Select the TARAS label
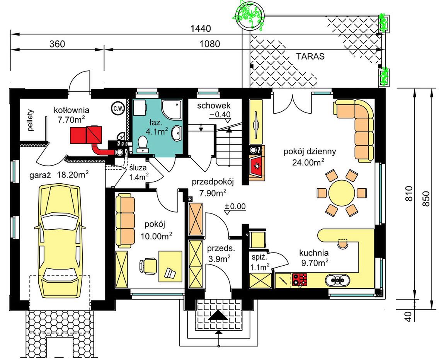310,56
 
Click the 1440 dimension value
201,28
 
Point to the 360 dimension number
57,44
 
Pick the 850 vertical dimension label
425,199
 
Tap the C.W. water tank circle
117,108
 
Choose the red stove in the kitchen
300,279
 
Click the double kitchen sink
337,280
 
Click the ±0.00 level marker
235,207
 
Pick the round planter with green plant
250,17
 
